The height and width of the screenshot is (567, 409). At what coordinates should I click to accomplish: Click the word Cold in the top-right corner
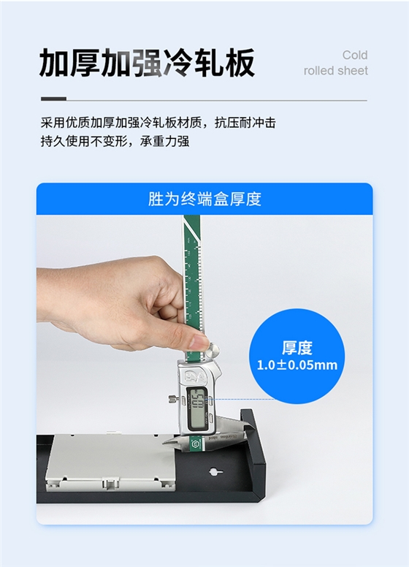(x=355, y=56)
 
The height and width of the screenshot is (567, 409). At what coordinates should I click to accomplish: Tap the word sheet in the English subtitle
(x=351, y=71)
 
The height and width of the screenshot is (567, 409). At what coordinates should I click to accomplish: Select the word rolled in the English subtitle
(x=317, y=71)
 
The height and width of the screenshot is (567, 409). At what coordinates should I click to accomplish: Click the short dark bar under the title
(x=53, y=99)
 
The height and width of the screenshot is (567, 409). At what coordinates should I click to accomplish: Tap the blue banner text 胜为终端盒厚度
(x=204, y=199)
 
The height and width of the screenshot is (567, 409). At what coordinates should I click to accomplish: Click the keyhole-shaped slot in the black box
(x=213, y=471)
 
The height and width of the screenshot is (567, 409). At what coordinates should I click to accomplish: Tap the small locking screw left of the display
(x=172, y=399)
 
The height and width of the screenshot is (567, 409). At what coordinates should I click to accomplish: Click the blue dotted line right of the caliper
(x=234, y=400)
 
